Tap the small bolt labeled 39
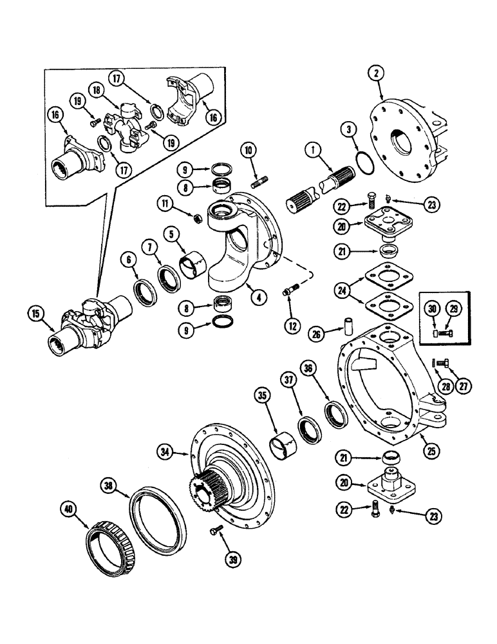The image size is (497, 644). (215, 529)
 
